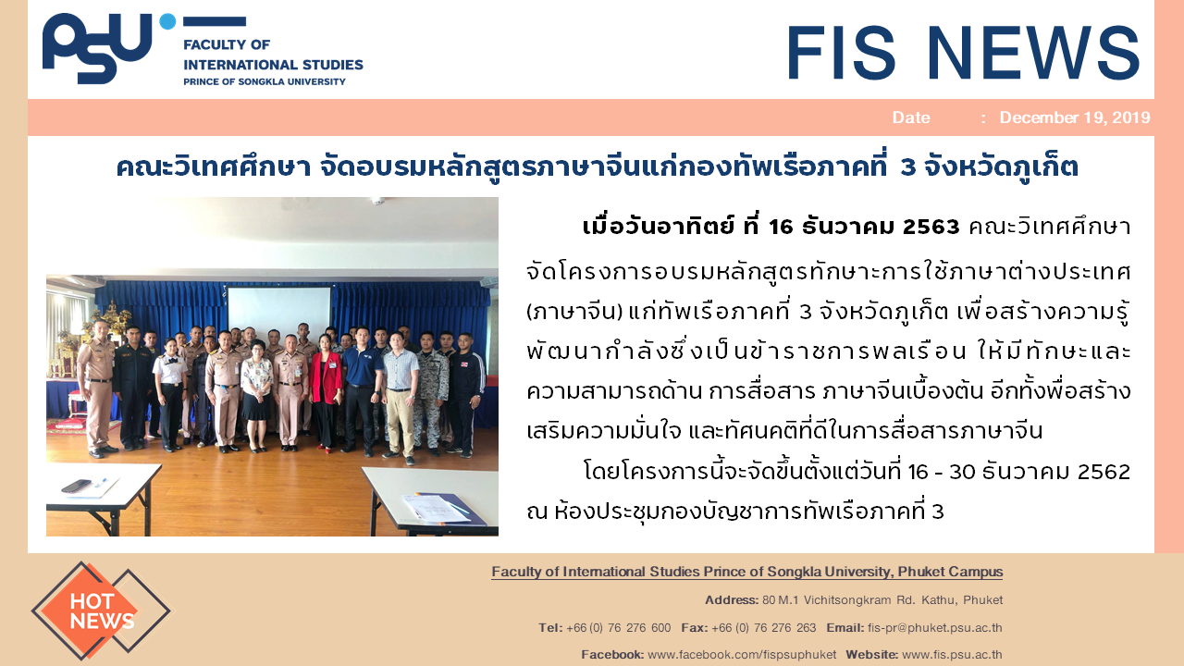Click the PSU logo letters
click(97, 47)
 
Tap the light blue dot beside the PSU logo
click(167, 21)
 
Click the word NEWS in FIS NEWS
click(1033, 53)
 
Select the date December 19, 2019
click(1075, 117)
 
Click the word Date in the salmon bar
click(911, 117)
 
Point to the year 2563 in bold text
click(931, 227)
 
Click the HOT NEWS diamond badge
click(101, 611)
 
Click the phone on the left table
click(77, 486)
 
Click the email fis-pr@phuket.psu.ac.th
click(934, 627)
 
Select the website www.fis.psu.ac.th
click(952, 654)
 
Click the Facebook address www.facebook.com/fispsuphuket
click(742, 654)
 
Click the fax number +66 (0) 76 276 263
click(764, 627)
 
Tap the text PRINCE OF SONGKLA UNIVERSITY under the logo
click(265, 81)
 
